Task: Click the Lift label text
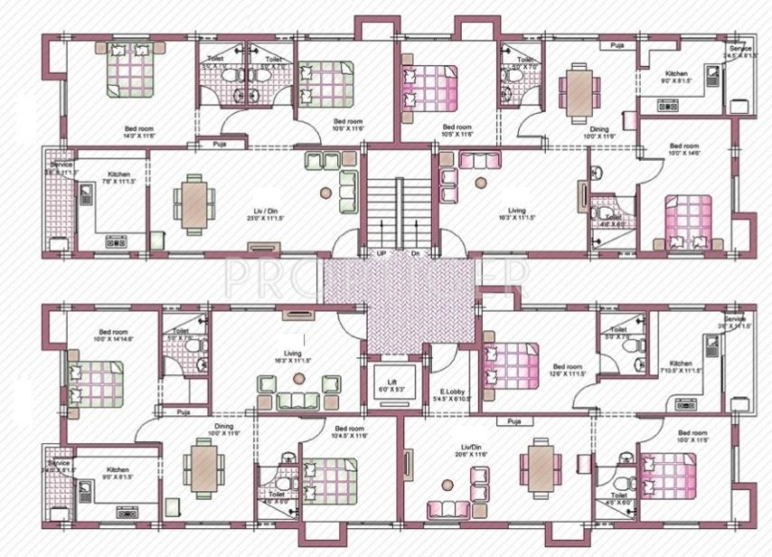(x=394, y=383)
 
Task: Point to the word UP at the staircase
(x=382, y=254)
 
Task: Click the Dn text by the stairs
(x=416, y=254)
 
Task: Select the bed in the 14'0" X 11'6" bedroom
(x=130, y=70)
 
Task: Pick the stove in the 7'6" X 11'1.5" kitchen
(x=116, y=241)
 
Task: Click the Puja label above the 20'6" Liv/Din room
(x=513, y=421)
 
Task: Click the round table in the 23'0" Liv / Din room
(x=325, y=193)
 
